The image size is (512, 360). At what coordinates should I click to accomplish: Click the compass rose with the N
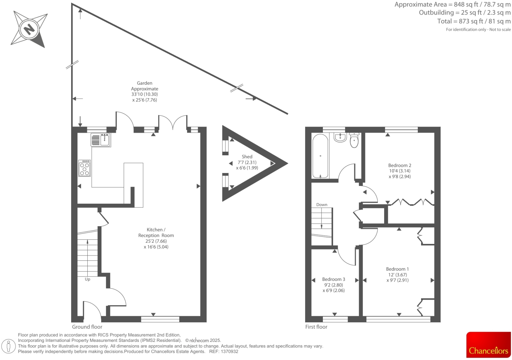click(29, 29)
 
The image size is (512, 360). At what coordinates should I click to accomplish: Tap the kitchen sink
click(101, 140)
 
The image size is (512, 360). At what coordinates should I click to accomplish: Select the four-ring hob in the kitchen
click(84, 168)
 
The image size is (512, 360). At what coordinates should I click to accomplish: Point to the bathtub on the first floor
click(320, 156)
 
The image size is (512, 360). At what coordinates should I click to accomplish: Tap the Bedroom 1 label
click(397, 269)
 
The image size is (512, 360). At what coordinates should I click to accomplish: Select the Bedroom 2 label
click(400, 165)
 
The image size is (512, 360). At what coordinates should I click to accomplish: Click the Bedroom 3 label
click(333, 279)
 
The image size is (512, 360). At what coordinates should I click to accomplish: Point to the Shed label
click(247, 157)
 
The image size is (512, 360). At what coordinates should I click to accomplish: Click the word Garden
click(145, 83)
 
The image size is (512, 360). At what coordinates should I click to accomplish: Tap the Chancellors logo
click(488, 345)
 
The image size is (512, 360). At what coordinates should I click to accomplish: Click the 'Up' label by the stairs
click(87, 279)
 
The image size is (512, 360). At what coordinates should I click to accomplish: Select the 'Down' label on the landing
click(322, 205)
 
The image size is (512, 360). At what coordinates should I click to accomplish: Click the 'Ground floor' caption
click(87, 327)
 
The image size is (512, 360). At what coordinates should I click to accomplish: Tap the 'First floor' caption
click(316, 327)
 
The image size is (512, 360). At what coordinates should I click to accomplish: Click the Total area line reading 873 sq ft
click(474, 21)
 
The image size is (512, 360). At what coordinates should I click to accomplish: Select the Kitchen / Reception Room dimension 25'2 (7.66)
click(156, 241)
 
